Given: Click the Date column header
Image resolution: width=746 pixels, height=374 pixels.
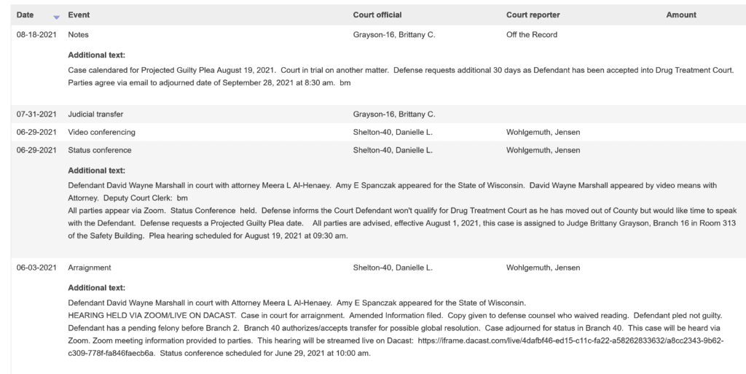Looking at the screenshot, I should [25, 15].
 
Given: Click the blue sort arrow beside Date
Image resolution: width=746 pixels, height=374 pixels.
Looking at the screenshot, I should [56, 17].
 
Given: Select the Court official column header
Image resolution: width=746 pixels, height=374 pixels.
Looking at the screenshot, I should [377, 15].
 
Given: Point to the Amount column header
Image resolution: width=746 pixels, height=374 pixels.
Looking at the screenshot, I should [681, 15].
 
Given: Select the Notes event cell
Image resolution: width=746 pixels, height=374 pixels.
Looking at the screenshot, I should [78, 34].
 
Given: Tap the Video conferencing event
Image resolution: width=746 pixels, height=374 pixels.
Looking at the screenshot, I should [101, 132].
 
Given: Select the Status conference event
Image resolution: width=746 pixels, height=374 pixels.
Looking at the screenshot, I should [99, 150].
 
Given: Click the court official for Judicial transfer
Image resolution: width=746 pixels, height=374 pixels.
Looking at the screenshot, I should [393, 114].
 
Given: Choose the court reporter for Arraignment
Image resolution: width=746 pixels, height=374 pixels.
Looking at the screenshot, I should [543, 268].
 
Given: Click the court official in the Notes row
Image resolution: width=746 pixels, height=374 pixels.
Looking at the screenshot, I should [393, 34].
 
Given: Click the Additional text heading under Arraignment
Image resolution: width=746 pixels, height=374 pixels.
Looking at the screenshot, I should [96, 287].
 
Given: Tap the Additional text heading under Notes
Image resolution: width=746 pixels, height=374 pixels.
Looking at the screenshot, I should [96, 55].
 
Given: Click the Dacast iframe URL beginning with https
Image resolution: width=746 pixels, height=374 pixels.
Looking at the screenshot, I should [576, 340].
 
